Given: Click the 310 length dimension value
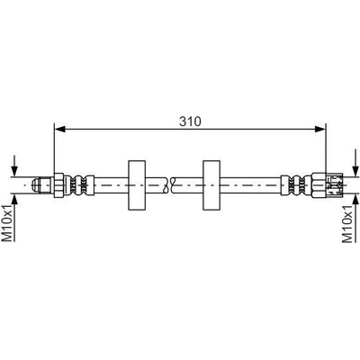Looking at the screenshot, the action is (190, 121).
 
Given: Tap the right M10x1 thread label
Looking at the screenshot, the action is (348, 223).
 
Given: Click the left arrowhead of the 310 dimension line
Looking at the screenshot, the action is (60, 129).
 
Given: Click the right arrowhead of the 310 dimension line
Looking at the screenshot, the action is (320, 129).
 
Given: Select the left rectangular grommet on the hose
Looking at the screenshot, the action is (137, 185).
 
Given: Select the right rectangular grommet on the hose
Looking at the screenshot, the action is (211, 185).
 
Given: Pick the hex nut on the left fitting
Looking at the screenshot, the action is (58, 185).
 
